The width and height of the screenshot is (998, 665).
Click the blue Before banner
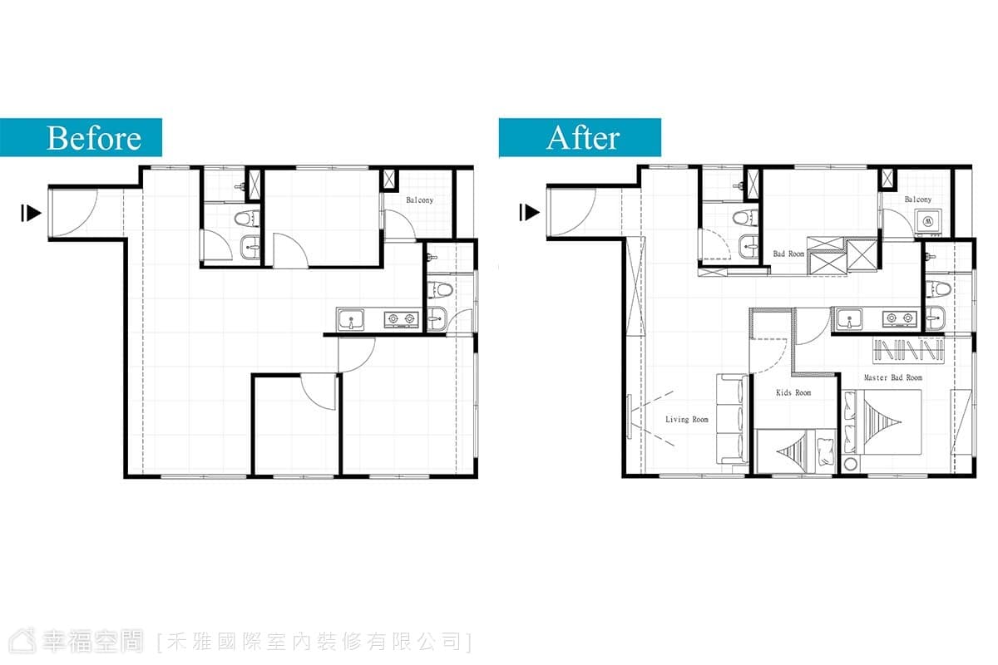[x=81, y=137]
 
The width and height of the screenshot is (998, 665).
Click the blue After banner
[x=580, y=138]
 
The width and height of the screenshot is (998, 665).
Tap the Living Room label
[x=687, y=420]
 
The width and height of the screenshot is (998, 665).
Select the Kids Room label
[x=793, y=393]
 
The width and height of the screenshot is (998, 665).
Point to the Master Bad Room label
[x=893, y=377]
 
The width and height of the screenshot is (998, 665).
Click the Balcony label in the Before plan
[x=420, y=200]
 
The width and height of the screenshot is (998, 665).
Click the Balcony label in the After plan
[x=918, y=199]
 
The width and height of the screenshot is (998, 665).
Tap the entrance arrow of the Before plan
[x=32, y=213]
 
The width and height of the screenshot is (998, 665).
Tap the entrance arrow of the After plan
[x=529, y=213]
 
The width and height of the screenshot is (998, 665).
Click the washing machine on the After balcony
[x=928, y=221]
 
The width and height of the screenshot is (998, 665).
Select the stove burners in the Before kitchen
[x=402, y=319]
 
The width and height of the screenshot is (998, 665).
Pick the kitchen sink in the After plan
[x=849, y=319]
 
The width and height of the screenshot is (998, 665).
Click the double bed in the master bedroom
[x=882, y=421]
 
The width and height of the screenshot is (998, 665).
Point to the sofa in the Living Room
[x=733, y=419]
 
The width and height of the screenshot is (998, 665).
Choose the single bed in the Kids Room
[x=796, y=451]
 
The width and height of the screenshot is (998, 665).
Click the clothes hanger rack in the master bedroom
[x=908, y=351]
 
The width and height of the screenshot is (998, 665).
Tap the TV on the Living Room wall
[x=630, y=416]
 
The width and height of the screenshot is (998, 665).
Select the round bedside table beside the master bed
[x=851, y=464]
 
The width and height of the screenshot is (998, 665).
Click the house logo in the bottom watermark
[x=22, y=641]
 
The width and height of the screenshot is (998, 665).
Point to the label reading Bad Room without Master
[x=788, y=254]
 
